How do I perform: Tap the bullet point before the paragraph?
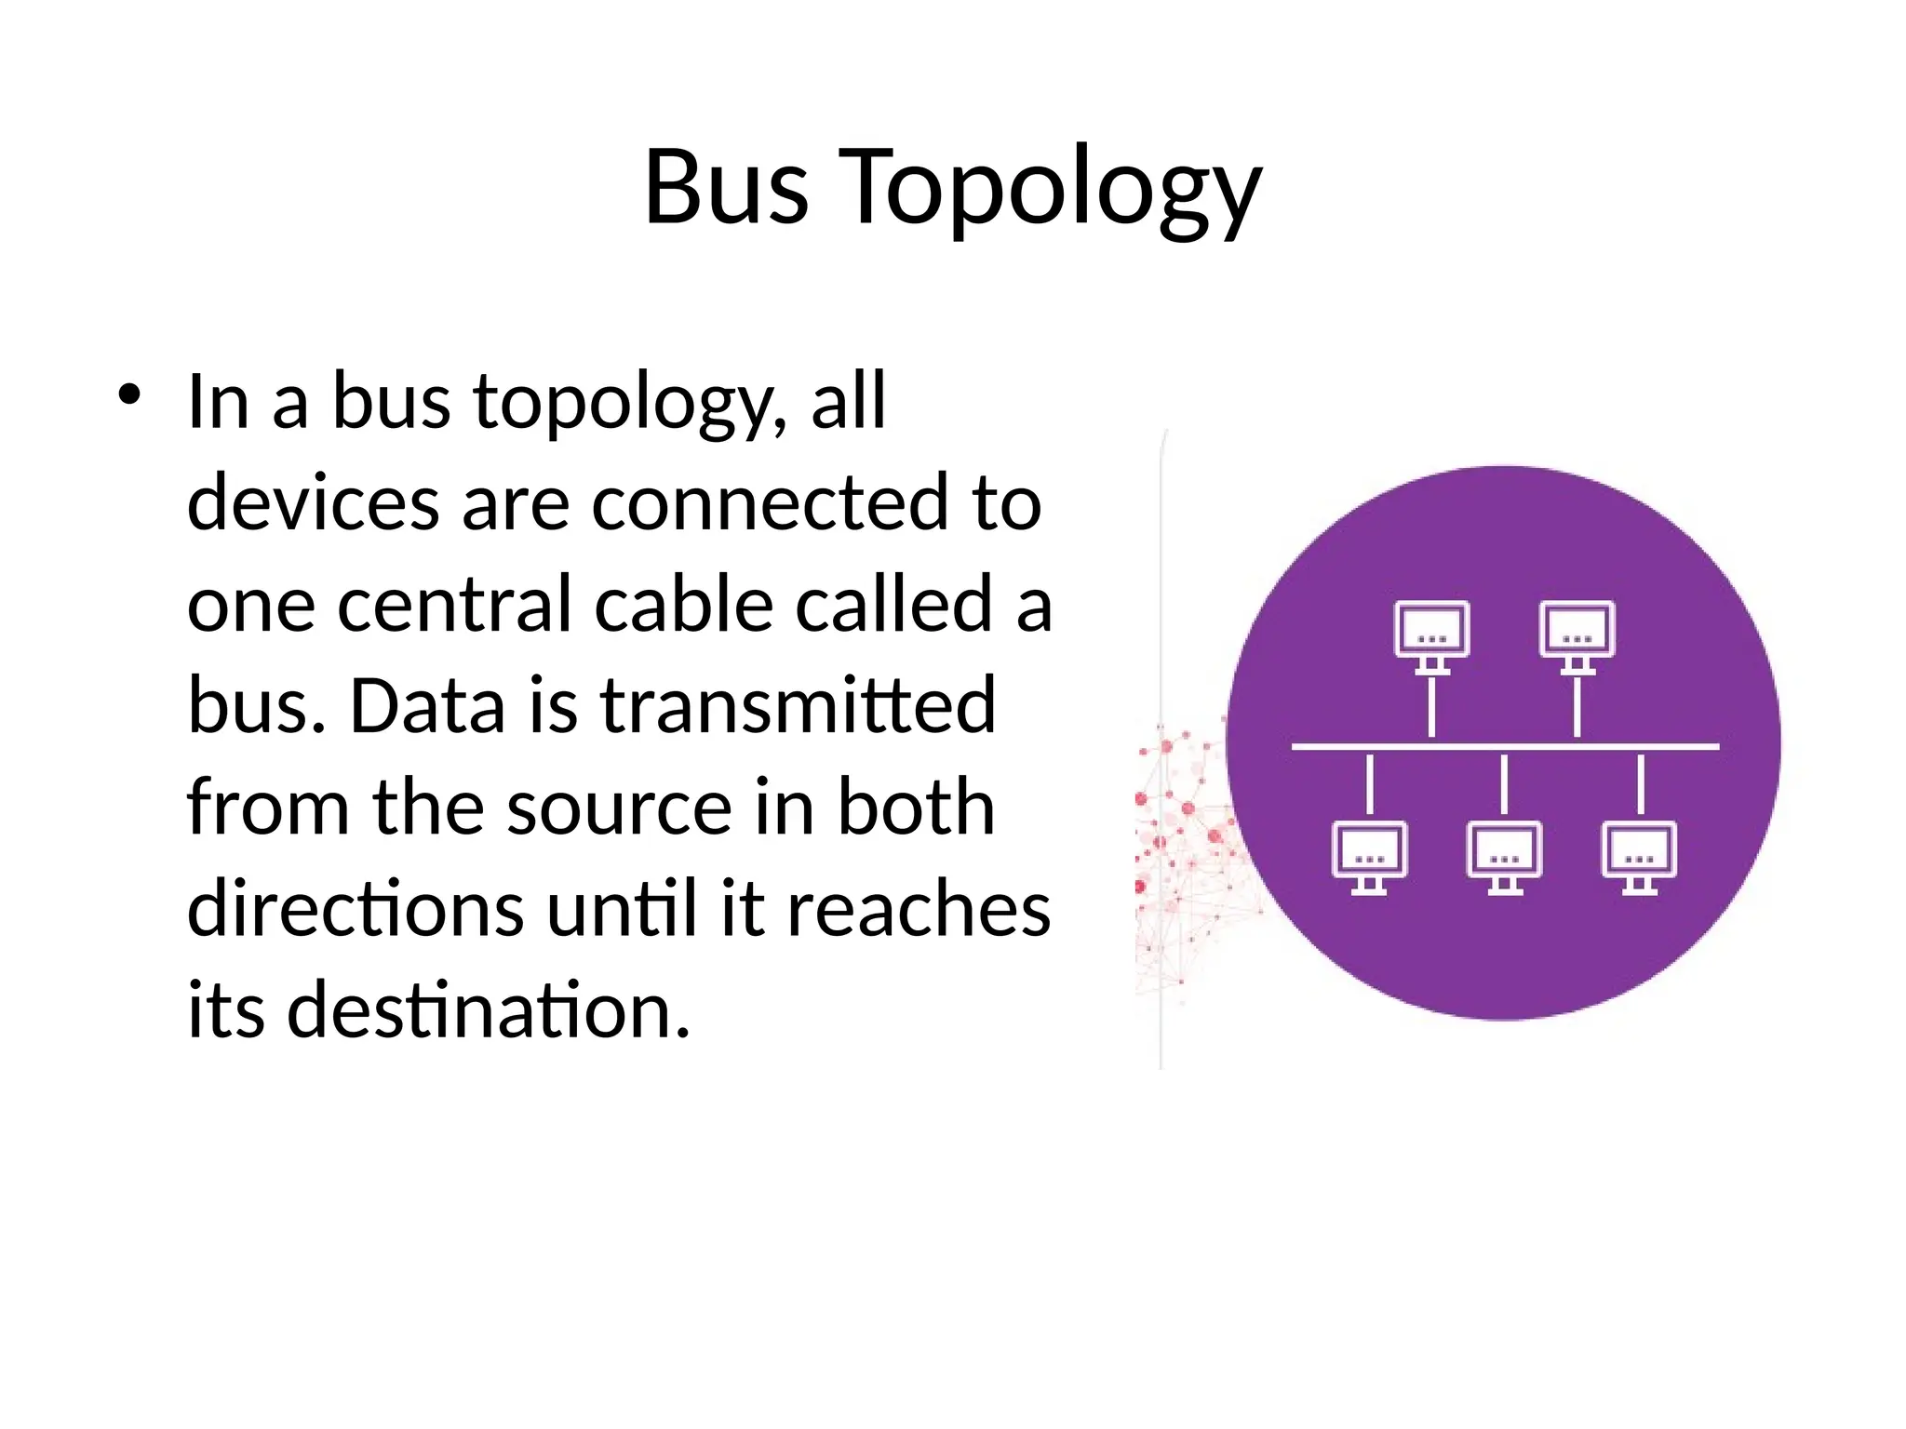pos(128,394)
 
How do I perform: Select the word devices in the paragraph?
pos(314,502)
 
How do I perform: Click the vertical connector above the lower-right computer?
pos(1641,784)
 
